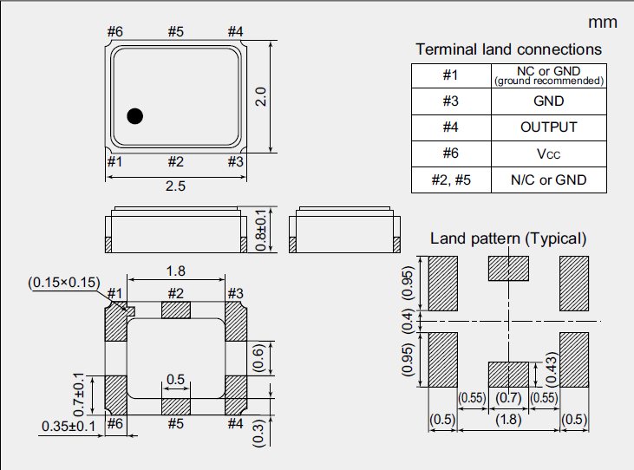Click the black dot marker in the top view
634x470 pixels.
[x=135, y=115]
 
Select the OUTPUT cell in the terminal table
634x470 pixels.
[x=548, y=127]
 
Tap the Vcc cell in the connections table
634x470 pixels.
[x=548, y=153]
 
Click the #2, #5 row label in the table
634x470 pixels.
[x=450, y=180]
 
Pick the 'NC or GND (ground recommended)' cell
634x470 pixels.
[x=548, y=75]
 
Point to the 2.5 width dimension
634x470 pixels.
[x=175, y=186]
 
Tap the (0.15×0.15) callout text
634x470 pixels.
[x=64, y=283]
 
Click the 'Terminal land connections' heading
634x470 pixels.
[x=508, y=49]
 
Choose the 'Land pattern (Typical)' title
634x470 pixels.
[x=508, y=238]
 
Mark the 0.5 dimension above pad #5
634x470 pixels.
[x=175, y=379]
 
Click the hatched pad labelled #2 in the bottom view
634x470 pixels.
[x=175, y=310]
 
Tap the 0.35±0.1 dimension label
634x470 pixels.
[x=70, y=426]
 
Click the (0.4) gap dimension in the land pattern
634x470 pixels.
[x=409, y=322]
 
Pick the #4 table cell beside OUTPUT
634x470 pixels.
[x=450, y=127]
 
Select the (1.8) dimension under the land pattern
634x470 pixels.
[x=508, y=421]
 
